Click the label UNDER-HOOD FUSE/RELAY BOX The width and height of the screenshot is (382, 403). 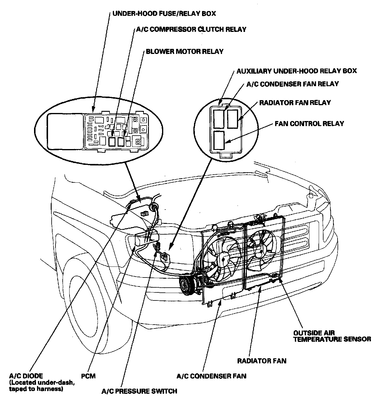click(164, 14)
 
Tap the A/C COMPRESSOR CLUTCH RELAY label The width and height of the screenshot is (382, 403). click(191, 30)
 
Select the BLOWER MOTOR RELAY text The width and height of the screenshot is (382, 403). click(184, 52)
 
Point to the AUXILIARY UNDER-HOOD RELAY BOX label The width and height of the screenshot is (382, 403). click(296, 71)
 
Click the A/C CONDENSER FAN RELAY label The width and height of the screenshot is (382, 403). click(292, 84)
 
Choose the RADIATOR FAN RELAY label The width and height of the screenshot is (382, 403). click(295, 103)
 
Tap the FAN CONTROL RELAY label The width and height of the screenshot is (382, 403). click(309, 123)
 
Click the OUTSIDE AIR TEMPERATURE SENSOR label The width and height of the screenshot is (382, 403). click(332, 336)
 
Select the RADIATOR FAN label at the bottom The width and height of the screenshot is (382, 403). click(261, 361)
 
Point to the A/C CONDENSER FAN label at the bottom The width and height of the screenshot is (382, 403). click(211, 376)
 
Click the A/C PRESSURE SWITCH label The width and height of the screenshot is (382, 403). click(139, 391)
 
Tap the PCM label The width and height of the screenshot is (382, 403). click(88, 376)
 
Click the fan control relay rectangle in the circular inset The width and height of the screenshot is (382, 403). click(220, 140)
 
